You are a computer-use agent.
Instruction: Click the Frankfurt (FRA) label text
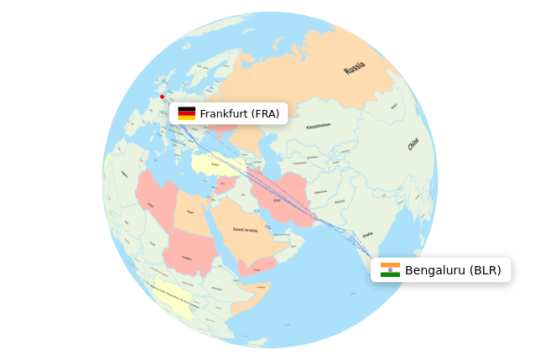(239, 113)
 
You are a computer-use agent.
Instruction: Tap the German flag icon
(186, 113)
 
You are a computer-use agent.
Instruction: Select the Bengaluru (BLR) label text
(453, 270)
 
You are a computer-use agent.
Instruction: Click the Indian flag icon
(390, 270)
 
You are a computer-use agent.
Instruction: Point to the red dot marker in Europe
(162, 97)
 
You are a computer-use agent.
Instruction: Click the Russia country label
(354, 68)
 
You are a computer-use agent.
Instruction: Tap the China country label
(413, 145)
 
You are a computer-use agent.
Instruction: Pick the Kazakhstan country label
(318, 125)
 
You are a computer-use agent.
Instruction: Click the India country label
(367, 236)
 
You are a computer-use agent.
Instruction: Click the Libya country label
(151, 205)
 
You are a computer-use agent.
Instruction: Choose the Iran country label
(278, 200)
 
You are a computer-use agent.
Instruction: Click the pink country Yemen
(257, 267)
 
